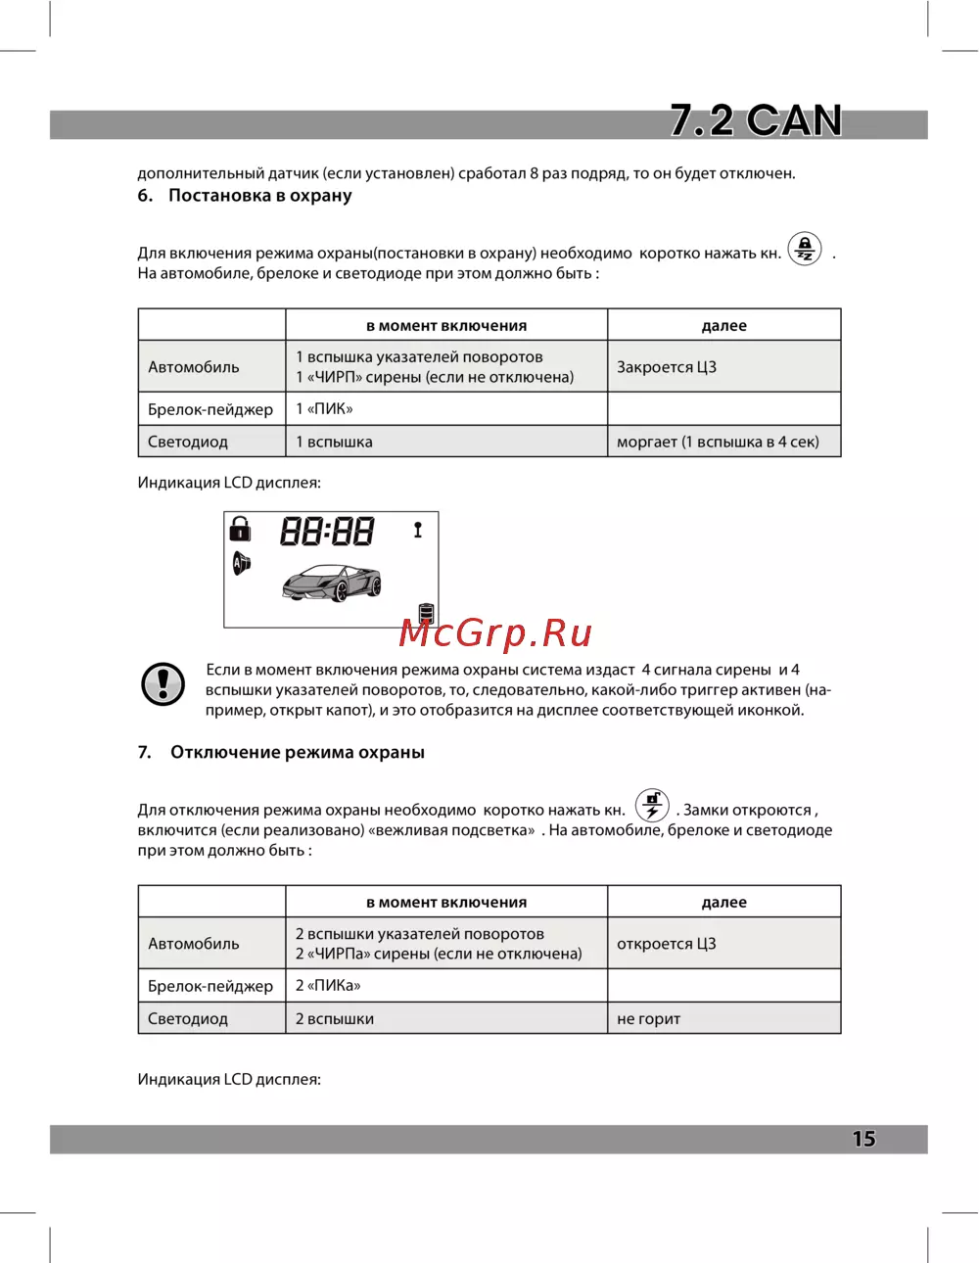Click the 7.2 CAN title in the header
756,120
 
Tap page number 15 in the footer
863,1139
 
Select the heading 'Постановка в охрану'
259,196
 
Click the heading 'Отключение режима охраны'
298,753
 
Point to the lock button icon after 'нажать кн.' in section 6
805,250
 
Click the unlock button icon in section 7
652,806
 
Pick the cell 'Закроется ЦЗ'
667,367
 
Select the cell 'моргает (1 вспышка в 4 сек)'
718,442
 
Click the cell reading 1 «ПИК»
324,409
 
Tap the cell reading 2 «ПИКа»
328,986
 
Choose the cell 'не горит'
648,1019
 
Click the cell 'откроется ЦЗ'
667,944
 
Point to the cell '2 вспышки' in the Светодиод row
335,1019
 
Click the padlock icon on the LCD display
240,530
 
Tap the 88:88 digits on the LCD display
327,532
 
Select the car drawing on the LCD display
331,584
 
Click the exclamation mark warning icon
163,683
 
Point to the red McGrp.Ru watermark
495,632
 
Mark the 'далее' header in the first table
723,326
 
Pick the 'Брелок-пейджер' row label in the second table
210,986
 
